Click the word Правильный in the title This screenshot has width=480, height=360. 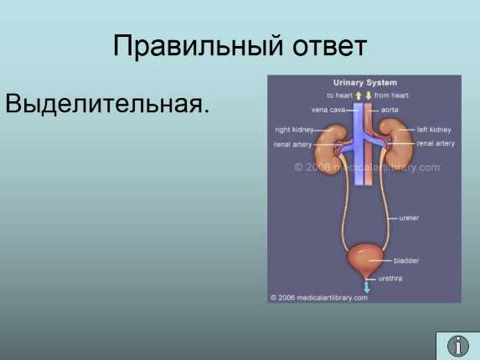click(198, 46)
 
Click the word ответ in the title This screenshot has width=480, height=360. click(330, 47)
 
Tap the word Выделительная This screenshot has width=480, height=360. click(107, 103)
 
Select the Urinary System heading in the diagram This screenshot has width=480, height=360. click(364, 83)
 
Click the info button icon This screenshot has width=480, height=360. click(458, 346)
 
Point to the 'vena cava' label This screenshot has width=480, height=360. click(328, 110)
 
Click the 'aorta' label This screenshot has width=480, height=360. click(390, 110)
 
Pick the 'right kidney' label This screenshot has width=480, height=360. click(294, 130)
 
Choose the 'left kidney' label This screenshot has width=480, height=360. click(434, 130)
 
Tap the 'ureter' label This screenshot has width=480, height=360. click(409, 218)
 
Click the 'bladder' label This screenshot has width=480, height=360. click(406, 260)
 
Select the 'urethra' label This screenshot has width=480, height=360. click(390, 278)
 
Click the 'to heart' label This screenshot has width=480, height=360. click(339, 95)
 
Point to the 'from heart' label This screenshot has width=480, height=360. click(391, 95)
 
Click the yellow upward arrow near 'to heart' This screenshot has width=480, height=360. click(359, 95)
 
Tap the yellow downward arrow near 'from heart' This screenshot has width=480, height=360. click(369, 95)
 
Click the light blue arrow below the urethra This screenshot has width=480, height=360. click(366, 287)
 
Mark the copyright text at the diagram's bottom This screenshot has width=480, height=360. click(319, 297)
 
